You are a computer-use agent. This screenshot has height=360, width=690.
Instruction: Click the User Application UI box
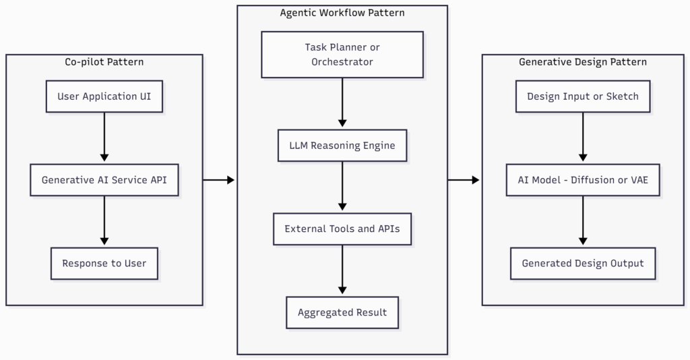coord(104,96)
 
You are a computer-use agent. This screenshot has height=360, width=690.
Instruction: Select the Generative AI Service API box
coord(104,180)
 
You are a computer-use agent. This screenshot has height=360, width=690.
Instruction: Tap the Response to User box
coord(104,263)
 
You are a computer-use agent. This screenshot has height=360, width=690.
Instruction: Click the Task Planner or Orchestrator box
coord(342,55)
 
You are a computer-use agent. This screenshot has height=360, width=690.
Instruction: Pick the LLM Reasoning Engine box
coord(342,146)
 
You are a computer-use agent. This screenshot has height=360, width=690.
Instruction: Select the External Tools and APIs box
coord(342,229)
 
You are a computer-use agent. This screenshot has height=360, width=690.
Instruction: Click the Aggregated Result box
coord(342,312)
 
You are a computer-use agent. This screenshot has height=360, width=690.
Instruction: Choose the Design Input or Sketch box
coord(583,96)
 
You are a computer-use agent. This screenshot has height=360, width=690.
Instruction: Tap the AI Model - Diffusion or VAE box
coord(583,180)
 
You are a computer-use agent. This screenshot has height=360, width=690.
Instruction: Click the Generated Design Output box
coord(583,263)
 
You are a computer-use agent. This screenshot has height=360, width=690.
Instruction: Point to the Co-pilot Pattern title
coord(104,62)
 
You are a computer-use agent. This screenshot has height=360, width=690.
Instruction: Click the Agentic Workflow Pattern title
coord(342,13)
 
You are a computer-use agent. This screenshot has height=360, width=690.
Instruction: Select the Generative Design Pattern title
coord(583,62)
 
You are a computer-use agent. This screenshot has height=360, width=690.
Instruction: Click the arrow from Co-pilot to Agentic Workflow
coord(219,180)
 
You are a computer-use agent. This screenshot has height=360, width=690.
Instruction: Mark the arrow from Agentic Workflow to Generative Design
coord(464,180)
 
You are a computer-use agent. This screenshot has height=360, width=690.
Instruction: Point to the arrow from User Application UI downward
coord(104,138)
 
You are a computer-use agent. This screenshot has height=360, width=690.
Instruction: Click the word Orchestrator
coord(342,62)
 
